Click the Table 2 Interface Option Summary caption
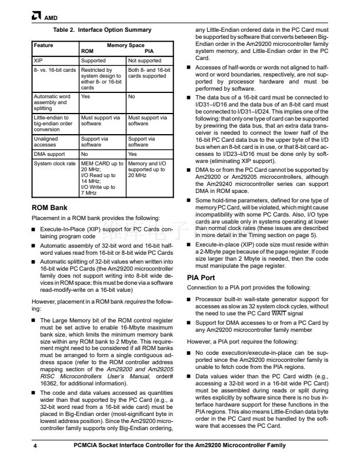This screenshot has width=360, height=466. (x=102, y=29)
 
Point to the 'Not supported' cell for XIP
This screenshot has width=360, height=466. (x=145, y=60)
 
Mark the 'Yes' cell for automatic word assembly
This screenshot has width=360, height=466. (x=85, y=96)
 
